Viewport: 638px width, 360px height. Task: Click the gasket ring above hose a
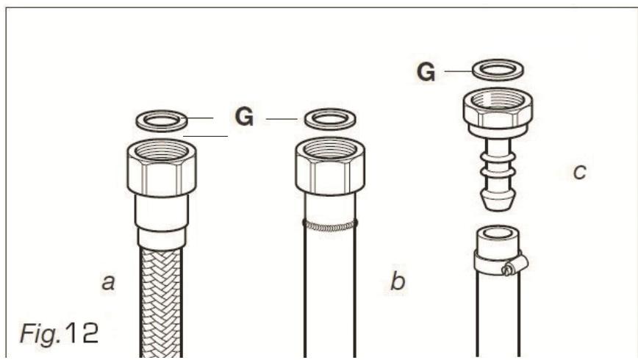click(x=161, y=119)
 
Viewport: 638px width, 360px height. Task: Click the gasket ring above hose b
click(x=329, y=119)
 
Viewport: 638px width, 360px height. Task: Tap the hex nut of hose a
click(x=161, y=168)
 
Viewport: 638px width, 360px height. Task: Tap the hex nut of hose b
click(x=329, y=168)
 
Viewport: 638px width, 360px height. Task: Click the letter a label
click(x=108, y=281)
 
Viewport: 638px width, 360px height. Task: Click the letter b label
click(x=398, y=281)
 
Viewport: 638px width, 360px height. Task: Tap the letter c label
click(x=580, y=173)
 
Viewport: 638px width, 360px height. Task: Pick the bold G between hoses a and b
click(x=244, y=117)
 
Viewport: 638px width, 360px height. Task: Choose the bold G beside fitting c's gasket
click(x=426, y=72)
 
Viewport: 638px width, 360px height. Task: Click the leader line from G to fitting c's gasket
click(x=456, y=71)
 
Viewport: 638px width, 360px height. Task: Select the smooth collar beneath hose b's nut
click(x=329, y=206)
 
